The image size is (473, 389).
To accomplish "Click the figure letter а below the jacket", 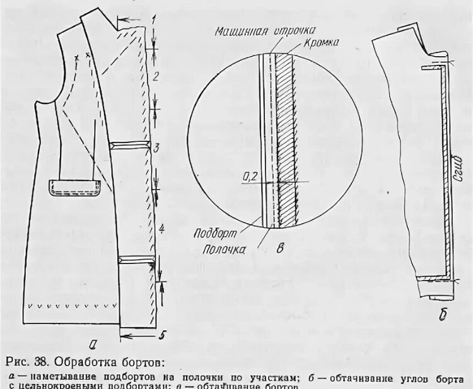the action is pos(93,344).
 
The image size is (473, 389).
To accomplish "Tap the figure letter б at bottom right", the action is pos(443,313).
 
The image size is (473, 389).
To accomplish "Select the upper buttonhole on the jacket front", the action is pos(130,146).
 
